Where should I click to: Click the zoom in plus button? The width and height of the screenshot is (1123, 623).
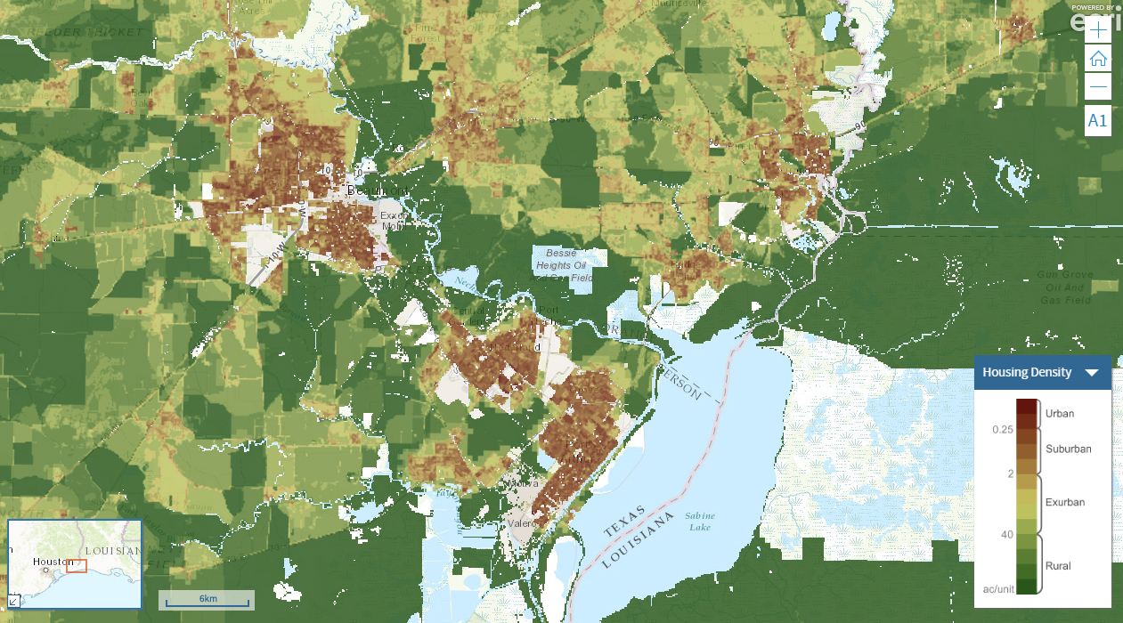point(1098,29)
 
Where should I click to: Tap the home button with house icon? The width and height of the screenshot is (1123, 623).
point(1098,59)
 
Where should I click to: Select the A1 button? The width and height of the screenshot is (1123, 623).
point(1098,120)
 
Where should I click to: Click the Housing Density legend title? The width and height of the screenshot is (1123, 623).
point(1027,372)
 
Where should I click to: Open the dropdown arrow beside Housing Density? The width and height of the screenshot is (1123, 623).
point(1092,373)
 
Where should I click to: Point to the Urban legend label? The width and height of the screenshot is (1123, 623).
point(1060,413)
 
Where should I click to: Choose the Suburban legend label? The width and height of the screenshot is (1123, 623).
point(1068,449)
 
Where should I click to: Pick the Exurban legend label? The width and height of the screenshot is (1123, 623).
point(1065,502)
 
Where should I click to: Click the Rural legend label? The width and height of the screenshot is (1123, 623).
point(1058,566)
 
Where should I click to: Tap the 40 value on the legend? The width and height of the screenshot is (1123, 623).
point(1006,534)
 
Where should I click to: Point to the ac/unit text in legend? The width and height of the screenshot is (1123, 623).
point(998,588)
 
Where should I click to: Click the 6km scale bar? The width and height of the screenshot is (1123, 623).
point(207,600)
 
